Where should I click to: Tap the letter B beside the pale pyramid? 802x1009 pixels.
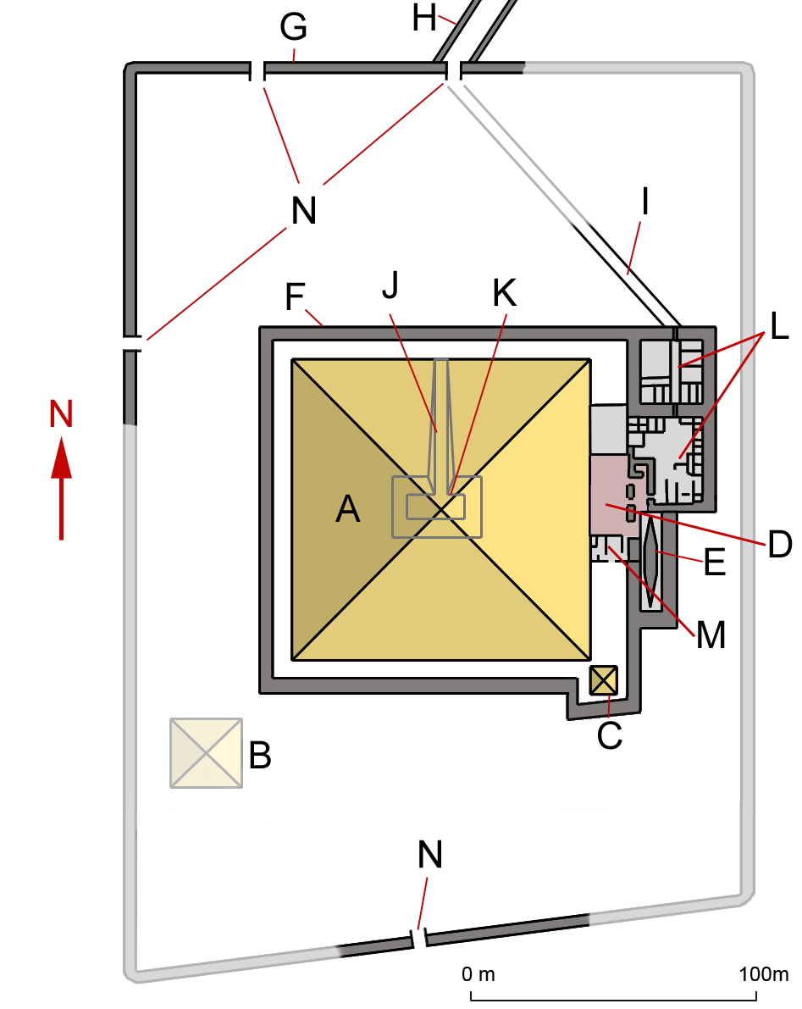pos(260,755)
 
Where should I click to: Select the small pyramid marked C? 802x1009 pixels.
pos(604,680)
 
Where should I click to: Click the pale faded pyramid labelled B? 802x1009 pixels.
pos(206,753)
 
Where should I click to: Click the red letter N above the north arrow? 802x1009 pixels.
pos(61,414)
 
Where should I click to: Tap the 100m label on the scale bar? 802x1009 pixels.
pos(764,973)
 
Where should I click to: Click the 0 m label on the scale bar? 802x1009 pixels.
pos(478,973)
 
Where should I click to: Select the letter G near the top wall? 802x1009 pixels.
pos(293,29)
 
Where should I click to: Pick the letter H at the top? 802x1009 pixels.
pos(426,17)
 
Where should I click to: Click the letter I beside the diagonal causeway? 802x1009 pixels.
pos(645,202)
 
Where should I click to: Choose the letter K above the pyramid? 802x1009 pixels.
pos(503,293)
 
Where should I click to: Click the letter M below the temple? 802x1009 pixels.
pos(710,634)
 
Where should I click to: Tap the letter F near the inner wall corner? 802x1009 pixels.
pos(295,297)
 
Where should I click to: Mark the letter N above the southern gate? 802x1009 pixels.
pos(430,855)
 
